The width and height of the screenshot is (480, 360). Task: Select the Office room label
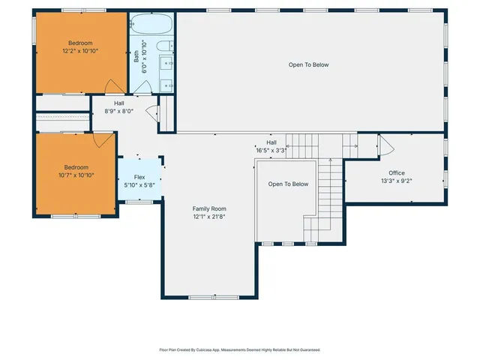(x=396, y=172)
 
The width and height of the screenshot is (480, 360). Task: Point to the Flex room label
(x=139, y=178)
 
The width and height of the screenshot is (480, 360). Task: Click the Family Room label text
(x=209, y=208)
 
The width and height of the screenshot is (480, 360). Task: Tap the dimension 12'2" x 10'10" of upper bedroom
(x=80, y=51)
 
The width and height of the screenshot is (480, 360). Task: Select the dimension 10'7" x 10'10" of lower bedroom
(x=76, y=175)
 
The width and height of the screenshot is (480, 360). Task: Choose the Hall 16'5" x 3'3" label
(x=271, y=149)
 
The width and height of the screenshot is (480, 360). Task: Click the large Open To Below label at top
(x=308, y=64)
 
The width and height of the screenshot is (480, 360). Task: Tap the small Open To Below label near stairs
(x=289, y=184)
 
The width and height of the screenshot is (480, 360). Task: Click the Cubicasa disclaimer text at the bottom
(x=240, y=349)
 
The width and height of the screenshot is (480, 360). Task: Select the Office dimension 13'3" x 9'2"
(x=396, y=181)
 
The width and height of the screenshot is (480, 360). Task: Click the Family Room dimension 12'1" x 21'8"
(x=209, y=217)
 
